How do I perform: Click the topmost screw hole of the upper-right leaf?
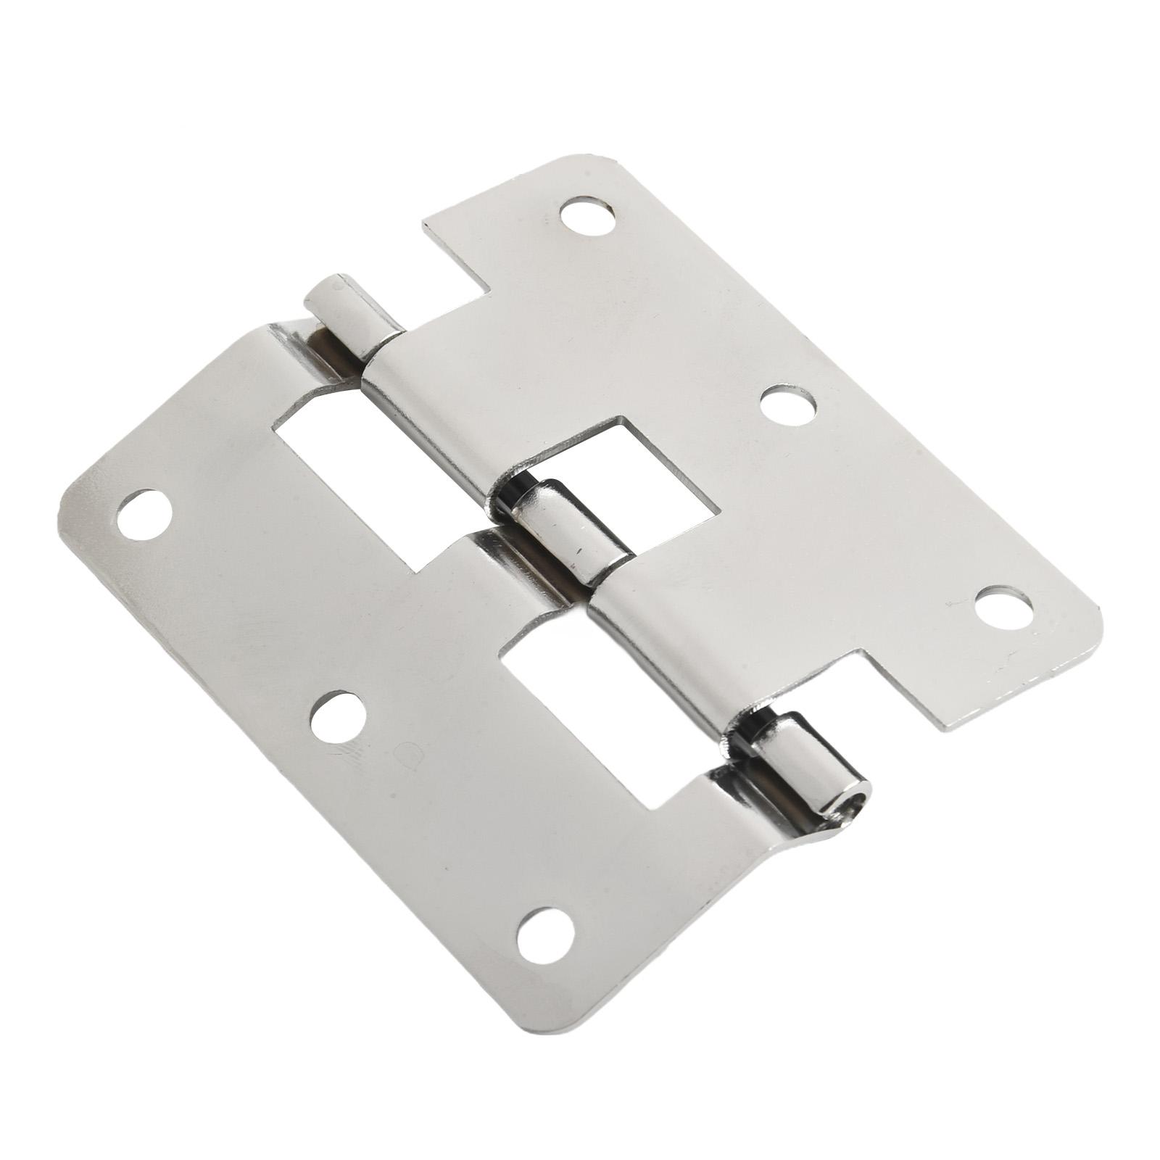tap(587, 216)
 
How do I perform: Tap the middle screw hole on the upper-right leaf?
tap(788, 406)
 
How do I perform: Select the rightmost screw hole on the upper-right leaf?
tap(1003, 608)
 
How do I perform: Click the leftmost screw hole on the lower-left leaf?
tap(144, 514)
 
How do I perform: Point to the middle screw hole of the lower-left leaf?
tap(338, 716)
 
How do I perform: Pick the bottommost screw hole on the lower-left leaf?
tap(545, 935)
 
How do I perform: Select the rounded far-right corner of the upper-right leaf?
tap(1095, 623)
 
